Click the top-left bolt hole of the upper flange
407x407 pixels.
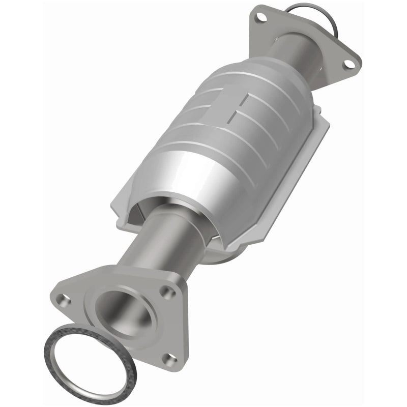(x=261, y=18)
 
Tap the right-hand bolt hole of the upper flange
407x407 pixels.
(x=348, y=64)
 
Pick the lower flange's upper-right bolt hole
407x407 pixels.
(x=166, y=292)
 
